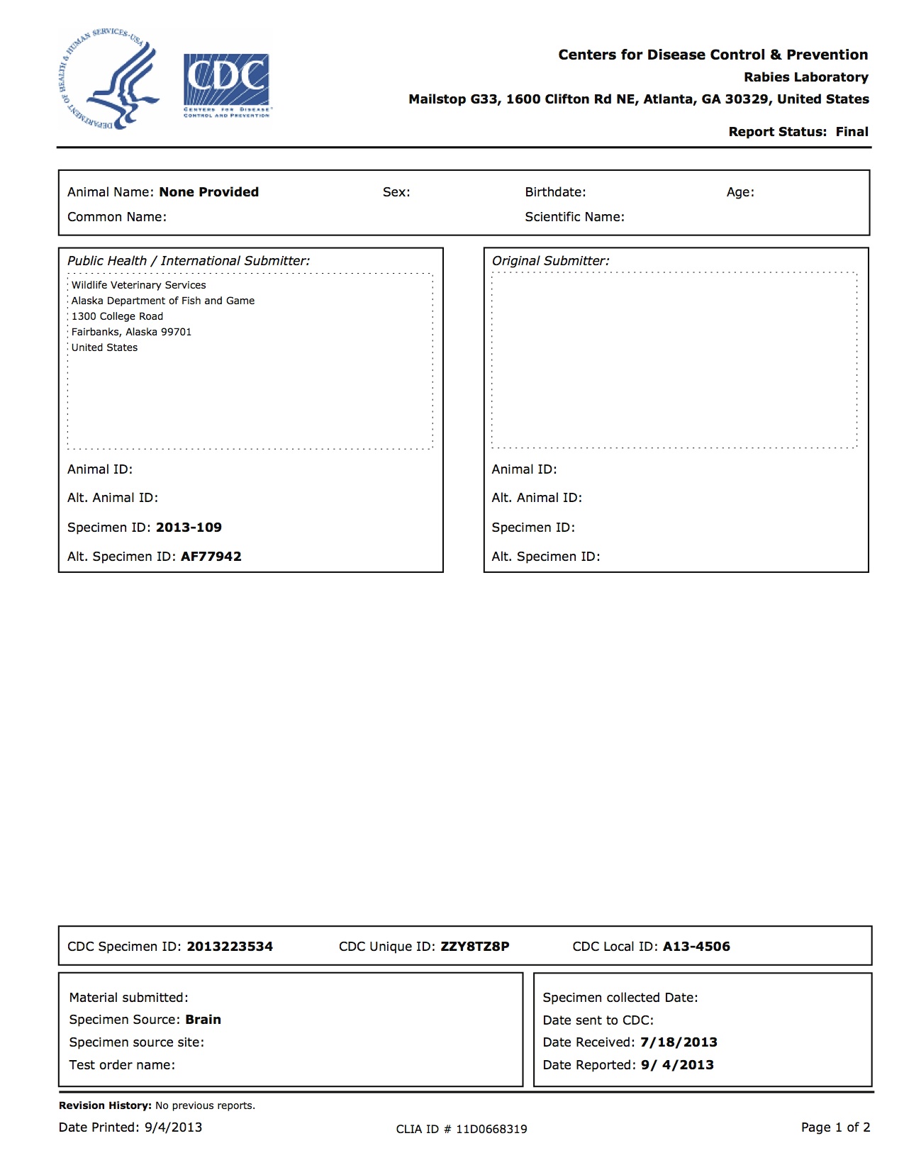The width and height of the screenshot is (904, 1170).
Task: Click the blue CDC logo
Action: point(226,84)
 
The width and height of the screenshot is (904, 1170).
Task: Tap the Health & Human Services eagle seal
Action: point(108,79)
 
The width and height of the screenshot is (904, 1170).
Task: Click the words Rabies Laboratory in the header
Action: point(805,77)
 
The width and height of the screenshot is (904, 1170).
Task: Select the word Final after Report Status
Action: point(852,132)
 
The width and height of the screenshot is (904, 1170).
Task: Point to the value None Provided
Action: point(208,192)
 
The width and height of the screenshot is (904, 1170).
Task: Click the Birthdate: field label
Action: point(555,192)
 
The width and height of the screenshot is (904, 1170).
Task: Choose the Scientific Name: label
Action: point(574,217)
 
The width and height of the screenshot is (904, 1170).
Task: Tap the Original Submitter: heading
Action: point(550,261)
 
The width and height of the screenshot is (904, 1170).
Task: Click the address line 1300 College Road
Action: point(117,316)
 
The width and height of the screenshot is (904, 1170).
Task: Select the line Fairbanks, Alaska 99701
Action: point(131,332)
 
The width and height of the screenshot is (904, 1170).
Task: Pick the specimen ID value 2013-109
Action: point(189,528)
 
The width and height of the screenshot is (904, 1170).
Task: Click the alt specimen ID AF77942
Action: point(211,557)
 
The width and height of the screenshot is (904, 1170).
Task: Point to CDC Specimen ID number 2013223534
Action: point(230,947)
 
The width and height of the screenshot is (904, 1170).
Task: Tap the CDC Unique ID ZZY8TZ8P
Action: point(474,947)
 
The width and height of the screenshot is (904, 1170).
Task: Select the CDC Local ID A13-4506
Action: point(696,947)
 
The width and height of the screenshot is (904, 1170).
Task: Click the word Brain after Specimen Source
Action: point(203,1020)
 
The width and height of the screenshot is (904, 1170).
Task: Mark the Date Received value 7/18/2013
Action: point(679,1042)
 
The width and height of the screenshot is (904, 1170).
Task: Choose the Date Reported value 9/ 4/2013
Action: point(677,1065)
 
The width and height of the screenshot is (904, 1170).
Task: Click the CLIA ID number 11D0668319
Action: point(491,1129)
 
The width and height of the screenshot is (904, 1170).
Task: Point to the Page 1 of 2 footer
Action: point(835,1127)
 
